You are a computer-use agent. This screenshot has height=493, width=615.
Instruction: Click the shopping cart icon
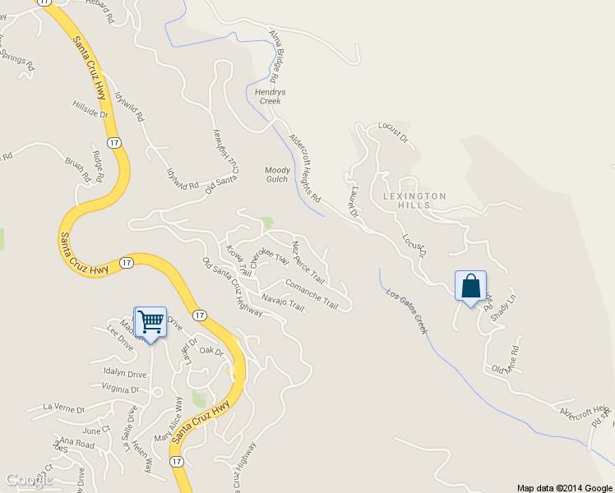pyautogui.click(x=150, y=321)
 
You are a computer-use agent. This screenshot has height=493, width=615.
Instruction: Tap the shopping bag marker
pyautogui.click(x=470, y=287)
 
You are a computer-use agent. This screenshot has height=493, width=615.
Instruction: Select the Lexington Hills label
pyautogui.click(x=414, y=200)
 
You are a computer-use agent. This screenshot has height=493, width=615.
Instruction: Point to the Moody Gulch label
pyautogui.click(x=277, y=175)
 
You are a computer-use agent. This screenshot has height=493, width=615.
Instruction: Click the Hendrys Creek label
pyautogui.click(x=270, y=97)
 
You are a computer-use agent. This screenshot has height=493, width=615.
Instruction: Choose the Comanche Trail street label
pyautogui.click(x=311, y=294)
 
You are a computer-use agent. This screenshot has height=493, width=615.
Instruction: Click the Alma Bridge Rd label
pyautogui.click(x=279, y=55)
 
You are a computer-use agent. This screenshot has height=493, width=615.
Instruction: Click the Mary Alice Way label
pyautogui.click(x=168, y=421)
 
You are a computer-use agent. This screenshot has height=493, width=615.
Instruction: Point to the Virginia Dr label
pyautogui.click(x=121, y=389)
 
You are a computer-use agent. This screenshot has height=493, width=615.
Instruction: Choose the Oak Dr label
pyautogui.click(x=211, y=351)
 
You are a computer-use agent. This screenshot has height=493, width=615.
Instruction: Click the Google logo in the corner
pyautogui.click(x=30, y=480)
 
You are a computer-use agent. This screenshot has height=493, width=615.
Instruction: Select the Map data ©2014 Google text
pyautogui.click(x=563, y=487)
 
